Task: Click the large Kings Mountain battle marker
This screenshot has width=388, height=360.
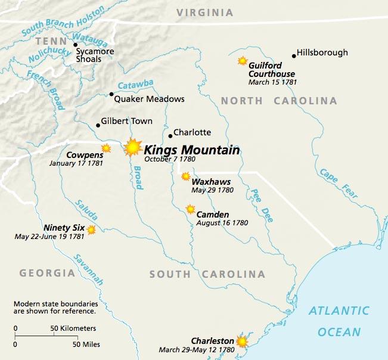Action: tap(132, 147)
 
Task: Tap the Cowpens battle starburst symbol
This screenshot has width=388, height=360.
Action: tap(106, 148)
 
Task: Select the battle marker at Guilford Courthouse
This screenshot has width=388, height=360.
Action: tap(243, 61)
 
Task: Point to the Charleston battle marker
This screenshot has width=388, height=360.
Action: tap(242, 342)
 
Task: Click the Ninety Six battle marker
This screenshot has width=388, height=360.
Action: tap(91, 229)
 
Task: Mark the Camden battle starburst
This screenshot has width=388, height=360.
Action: tap(190, 209)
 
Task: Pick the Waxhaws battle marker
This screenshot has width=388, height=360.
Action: tap(186, 176)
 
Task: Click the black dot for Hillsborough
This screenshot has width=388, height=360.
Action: tap(294, 56)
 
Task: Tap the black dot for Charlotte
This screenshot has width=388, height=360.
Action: tap(170, 136)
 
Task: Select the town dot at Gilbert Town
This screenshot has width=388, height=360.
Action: tap(98, 125)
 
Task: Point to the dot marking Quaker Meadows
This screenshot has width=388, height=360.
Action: tap(111, 94)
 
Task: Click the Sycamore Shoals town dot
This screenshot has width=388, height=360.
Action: tap(75, 45)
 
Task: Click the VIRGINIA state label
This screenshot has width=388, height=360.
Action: tap(204, 13)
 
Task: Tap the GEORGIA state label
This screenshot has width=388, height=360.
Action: tap(47, 273)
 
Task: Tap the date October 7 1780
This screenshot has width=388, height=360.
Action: tap(170, 160)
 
